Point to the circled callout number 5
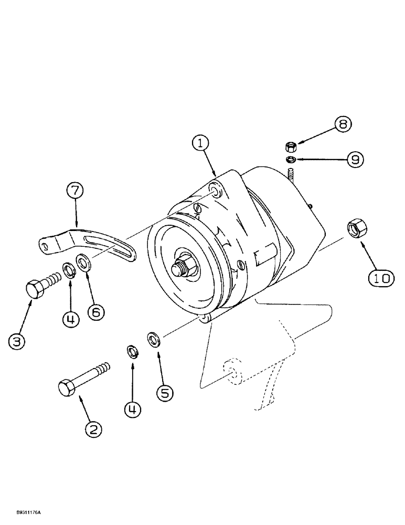coord(164,392)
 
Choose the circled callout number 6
coord(96,311)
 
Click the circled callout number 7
coord(76,190)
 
